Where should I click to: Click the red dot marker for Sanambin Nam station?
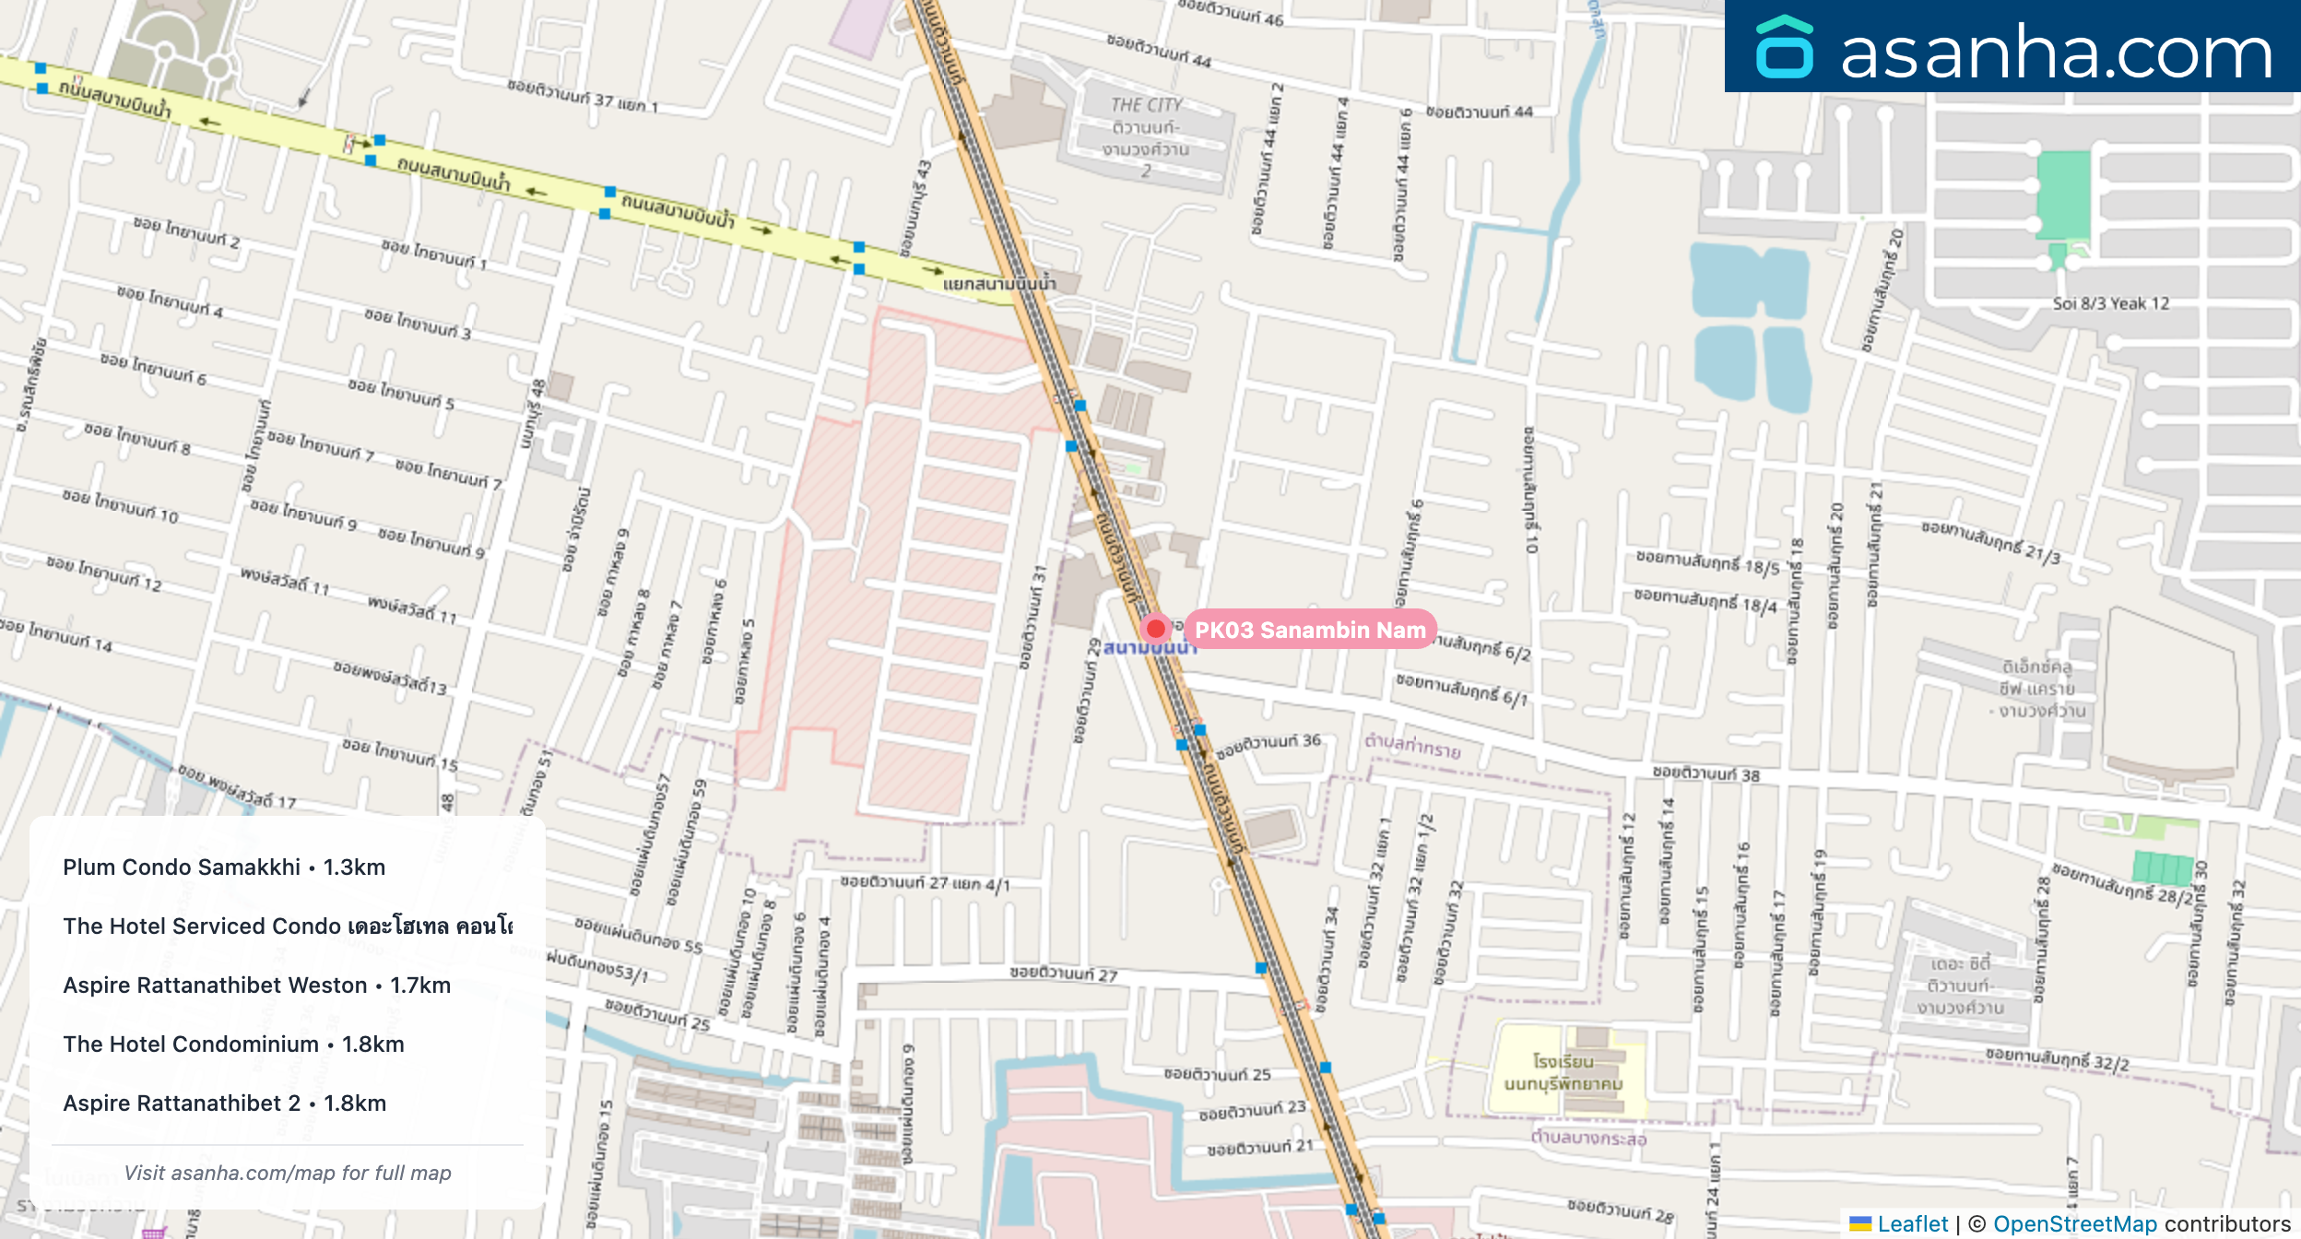pyautogui.click(x=1155, y=629)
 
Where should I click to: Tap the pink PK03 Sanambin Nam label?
pyautogui.click(x=1309, y=630)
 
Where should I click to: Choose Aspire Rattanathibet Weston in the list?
pyautogui.click(x=256, y=985)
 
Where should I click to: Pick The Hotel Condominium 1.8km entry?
pyautogui.click(x=233, y=1044)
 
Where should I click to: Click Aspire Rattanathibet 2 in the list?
pyautogui.click(x=224, y=1103)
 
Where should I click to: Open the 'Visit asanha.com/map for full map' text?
pyautogui.click(x=288, y=1173)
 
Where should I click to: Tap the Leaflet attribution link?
pyautogui.click(x=1912, y=1223)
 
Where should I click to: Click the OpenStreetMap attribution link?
pyautogui.click(x=2074, y=1223)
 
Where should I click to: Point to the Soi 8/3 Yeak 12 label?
pyautogui.click(x=2110, y=303)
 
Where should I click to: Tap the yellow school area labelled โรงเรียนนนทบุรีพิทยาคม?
pyautogui.click(x=1563, y=1073)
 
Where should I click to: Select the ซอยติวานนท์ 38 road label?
pyautogui.click(x=1705, y=773)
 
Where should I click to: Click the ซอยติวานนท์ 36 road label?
pyautogui.click(x=1268, y=746)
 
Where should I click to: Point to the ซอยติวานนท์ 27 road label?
pyautogui.click(x=1063, y=973)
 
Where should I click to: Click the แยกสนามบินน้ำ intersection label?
pyautogui.click(x=999, y=283)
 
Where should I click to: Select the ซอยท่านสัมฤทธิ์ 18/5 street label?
pyautogui.click(x=1707, y=562)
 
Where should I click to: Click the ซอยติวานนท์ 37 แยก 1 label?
pyautogui.click(x=583, y=96)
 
